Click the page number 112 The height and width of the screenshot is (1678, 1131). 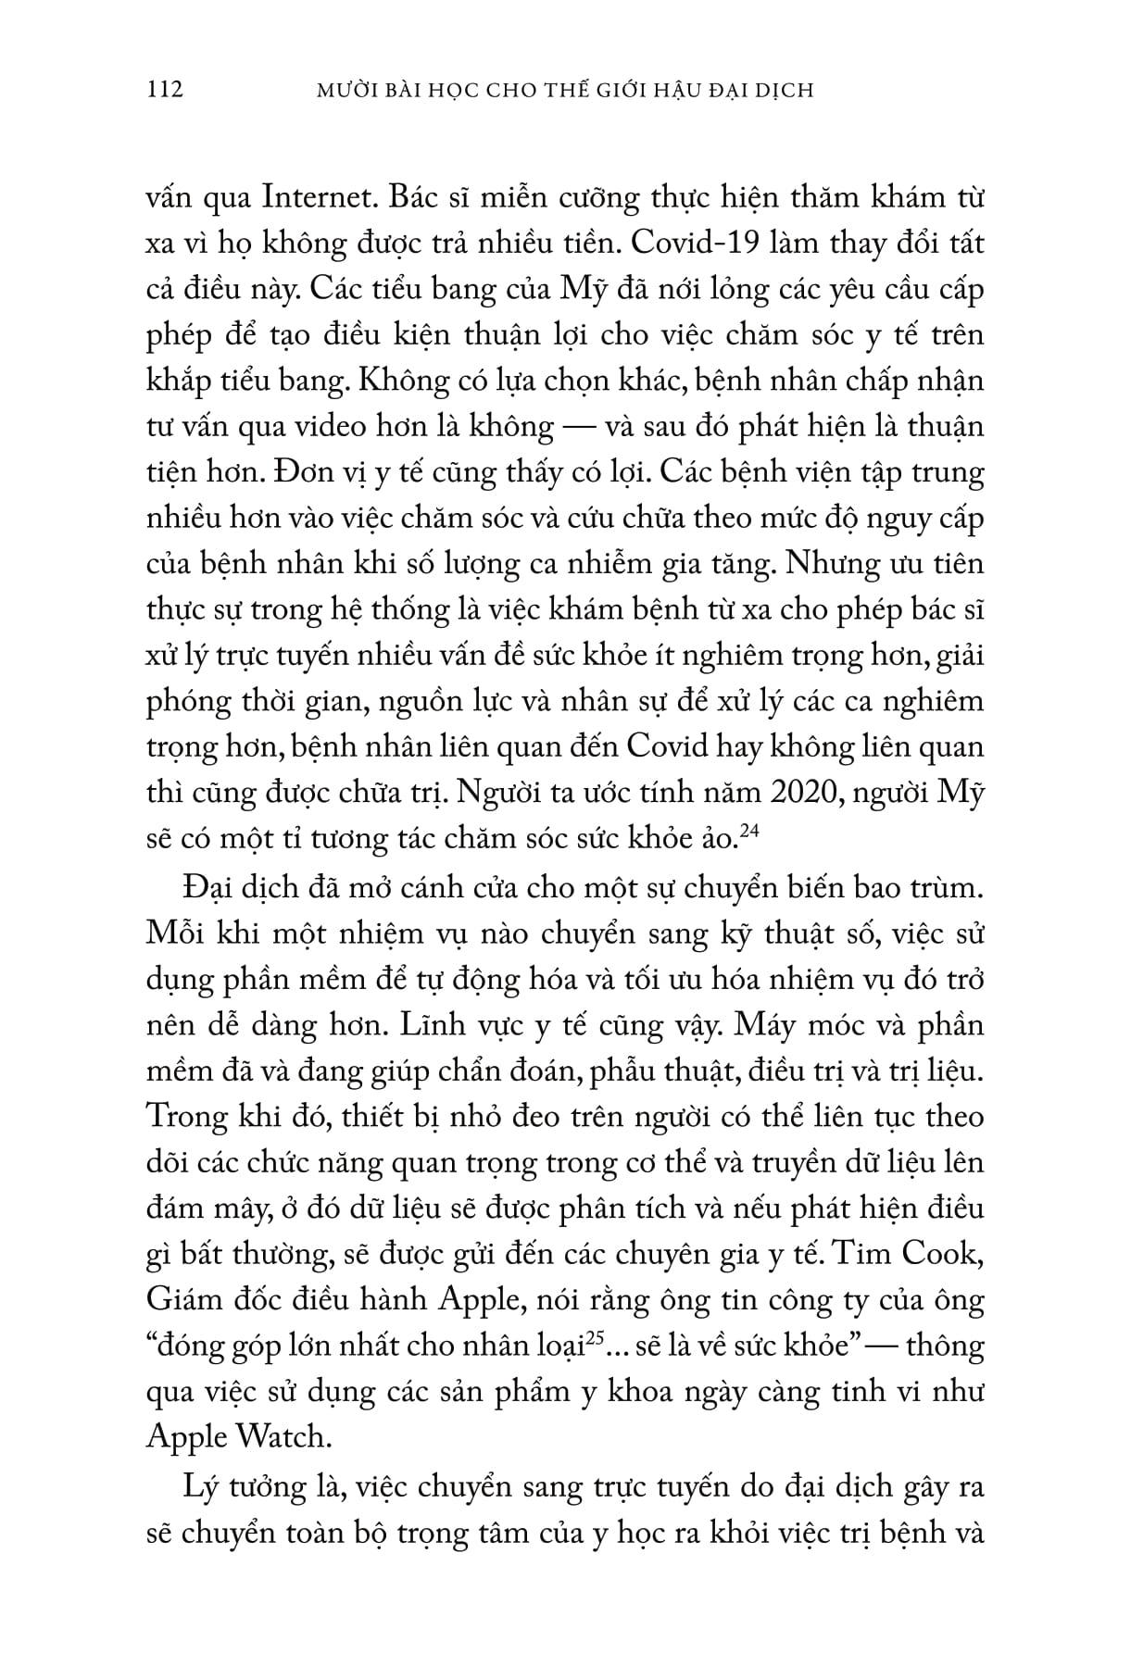pos(166,90)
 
